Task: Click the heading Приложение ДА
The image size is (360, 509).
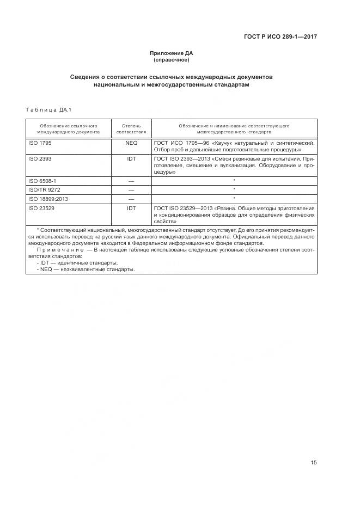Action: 172,53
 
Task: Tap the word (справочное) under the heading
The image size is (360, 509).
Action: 172,59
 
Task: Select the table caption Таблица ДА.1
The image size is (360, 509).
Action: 45,110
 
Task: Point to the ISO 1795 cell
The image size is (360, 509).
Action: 39,143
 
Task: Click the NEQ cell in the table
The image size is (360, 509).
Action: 131,143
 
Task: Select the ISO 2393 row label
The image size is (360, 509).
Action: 39,159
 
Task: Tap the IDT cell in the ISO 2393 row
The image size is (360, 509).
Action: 131,159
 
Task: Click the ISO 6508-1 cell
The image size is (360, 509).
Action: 41,180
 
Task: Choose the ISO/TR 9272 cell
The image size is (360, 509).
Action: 44,189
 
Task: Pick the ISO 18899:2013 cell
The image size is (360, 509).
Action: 48,199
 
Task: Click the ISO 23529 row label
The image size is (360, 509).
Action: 41,208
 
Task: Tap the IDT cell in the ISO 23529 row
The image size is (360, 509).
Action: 131,208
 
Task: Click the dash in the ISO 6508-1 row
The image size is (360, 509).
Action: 131,180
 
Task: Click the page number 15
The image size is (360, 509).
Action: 314,463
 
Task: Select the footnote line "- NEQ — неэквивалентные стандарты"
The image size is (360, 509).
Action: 85,269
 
